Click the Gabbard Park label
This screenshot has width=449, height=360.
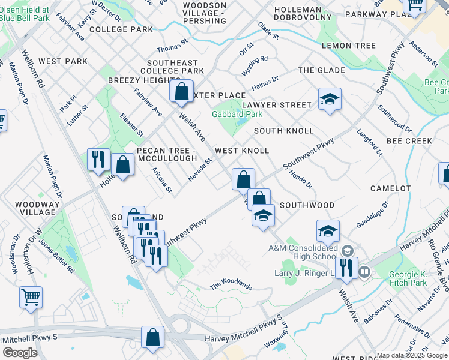pyautogui.click(x=237, y=114)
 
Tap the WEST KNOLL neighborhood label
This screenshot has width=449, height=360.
pyautogui.click(x=242, y=151)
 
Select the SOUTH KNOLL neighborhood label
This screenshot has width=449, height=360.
pyautogui.click(x=283, y=131)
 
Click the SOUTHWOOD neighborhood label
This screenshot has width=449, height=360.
pyautogui.click(x=307, y=205)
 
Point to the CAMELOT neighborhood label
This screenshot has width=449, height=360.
pyautogui.click(x=391, y=188)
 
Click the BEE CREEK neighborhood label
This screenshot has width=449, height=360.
pyautogui.click(x=409, y=141)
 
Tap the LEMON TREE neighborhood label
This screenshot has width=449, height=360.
pyautogui.click(x=349, y=46)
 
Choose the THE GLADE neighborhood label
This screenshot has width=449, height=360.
pyautogui.click(x=322, y=70)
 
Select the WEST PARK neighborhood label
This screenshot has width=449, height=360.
pyautogui.click(x=63, y=61)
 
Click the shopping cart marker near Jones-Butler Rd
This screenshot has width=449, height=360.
pyautogui.click(x=31, y=296)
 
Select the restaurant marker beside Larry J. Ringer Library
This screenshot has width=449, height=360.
pyautogui.click(x=346, y=268)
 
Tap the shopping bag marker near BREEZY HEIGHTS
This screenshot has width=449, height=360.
pyautogui.click(x=181, y=92)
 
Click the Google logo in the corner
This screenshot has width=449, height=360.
pyautogui.click(x=20, y=353)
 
